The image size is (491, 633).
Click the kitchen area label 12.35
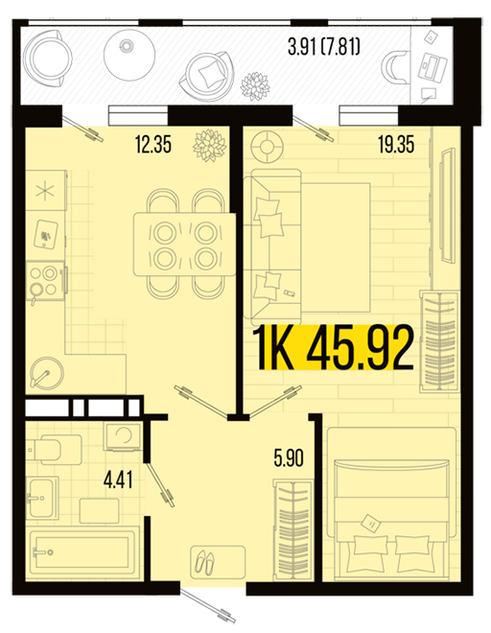pos(153,145)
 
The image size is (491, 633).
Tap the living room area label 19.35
pos(396,145)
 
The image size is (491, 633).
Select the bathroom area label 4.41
pos(118,480)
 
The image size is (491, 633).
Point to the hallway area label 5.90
pos(289,458)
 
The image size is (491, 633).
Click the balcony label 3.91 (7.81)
pos(324,47)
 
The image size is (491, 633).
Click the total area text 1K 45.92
pos(334,347)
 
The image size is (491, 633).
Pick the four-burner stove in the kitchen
pos(45,281)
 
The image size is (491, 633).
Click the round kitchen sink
pos(47,372)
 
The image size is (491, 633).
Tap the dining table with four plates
pos(185,245)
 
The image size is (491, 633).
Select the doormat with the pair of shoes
pos(218,561)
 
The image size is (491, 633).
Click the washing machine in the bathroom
pos(123,436)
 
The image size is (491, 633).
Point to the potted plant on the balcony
pos(255,86)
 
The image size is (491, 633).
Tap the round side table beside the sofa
pos(266,147)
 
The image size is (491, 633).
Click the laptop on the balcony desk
pos(433,67)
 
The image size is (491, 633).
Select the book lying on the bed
pos(370,524)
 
